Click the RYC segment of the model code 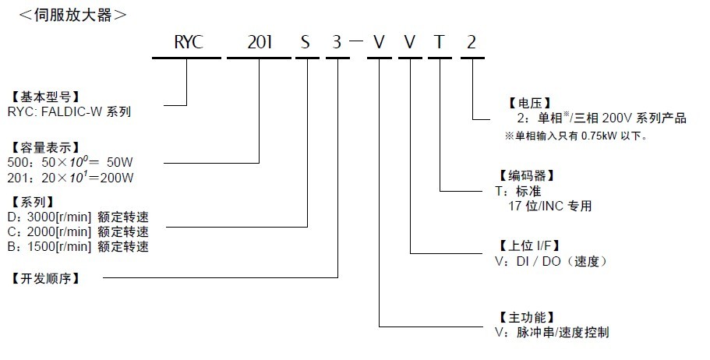(187, 42)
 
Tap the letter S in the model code (306, 42)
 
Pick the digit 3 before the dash (337, 42)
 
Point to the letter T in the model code (440, 42)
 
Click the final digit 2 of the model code (471, 42)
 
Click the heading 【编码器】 (529, 176)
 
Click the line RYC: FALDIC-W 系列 (72, 111)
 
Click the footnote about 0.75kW (577, 136)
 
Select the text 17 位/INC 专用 (549, 206)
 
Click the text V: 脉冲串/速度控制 (552, 333)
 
